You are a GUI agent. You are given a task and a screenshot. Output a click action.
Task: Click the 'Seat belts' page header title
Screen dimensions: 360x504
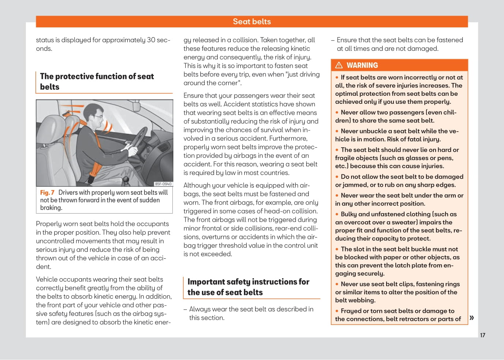[252, 22]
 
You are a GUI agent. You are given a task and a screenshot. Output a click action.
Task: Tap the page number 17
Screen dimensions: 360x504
[482, 335]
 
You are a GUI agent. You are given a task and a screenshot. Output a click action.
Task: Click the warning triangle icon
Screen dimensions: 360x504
[339, 65]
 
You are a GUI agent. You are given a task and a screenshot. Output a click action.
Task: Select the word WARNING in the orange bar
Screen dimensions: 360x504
[362, 65]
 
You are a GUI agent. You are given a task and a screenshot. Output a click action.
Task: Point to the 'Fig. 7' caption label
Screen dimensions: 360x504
[47, 193]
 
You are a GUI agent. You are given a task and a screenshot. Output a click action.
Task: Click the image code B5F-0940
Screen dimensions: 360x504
[163, 184]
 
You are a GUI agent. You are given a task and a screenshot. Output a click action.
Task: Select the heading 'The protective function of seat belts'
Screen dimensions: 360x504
[97, 82]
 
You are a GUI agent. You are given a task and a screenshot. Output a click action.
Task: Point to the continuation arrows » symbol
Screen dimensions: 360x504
[472, 318]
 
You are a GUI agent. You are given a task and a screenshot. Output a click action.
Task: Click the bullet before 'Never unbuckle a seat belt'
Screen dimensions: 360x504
[337, 131]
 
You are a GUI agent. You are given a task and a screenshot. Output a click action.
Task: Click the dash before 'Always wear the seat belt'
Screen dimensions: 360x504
[185, 310]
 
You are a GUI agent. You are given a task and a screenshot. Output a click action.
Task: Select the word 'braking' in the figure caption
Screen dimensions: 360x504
[51, 208]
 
